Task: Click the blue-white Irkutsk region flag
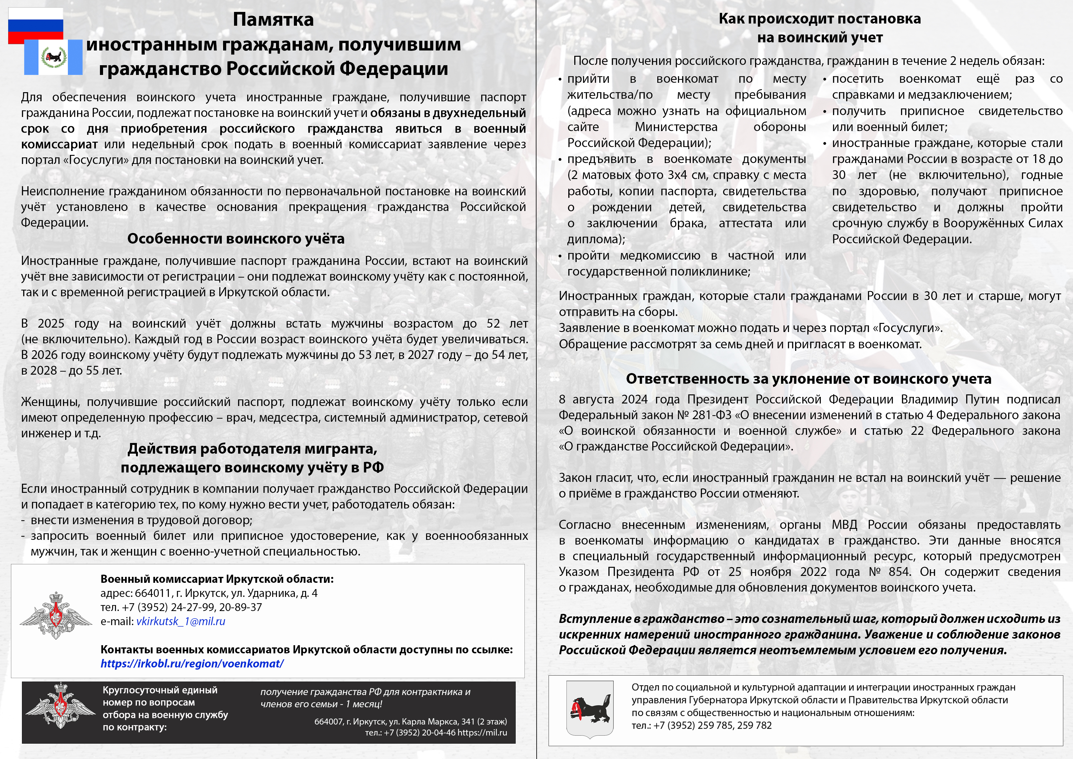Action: (x=53, y=57)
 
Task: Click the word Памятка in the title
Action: (x=273, y=20)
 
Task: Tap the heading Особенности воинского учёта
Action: (x=236, y=239)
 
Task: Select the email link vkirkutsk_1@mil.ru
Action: (x=180, y=621)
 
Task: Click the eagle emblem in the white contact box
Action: (x=56, y=615)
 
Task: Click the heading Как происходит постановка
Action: (x=820, y=19)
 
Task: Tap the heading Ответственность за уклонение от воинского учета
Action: (x=809, y=379)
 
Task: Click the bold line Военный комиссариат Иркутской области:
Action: (x=217, y=579)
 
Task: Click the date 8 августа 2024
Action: (x=607, y=399)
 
